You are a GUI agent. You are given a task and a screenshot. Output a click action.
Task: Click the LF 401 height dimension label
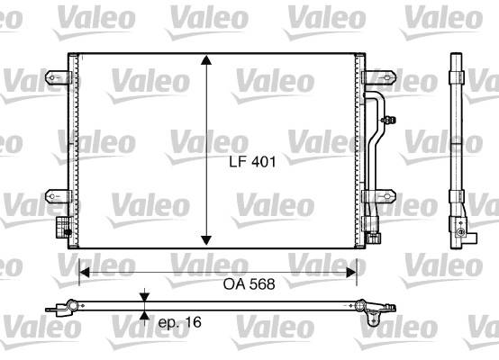252,162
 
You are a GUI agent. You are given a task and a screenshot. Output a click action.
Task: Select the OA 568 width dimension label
249,284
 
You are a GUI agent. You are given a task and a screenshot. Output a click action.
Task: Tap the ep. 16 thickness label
180,322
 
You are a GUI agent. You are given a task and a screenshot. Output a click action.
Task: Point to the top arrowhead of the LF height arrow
206,59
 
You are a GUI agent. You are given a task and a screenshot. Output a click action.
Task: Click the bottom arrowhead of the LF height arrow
206,240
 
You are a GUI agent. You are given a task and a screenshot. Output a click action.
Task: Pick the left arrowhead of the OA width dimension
84,273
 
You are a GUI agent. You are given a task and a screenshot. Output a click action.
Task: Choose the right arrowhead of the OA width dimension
351,273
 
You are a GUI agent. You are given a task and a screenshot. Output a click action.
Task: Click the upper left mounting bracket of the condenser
58,77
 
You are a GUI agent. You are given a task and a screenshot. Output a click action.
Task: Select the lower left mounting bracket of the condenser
58,196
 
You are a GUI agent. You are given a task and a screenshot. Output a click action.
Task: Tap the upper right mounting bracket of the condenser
380,77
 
